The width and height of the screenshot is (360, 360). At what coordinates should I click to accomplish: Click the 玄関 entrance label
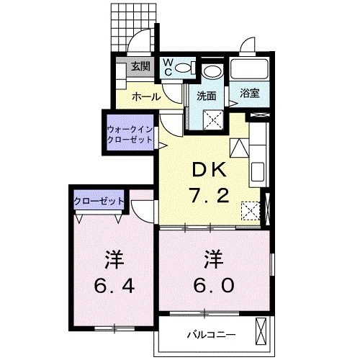[x=140, y=68]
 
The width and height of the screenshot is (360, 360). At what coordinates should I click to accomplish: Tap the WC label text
[x=166, y=67]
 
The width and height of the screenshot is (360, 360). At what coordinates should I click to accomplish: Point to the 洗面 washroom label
[x=207, y=95]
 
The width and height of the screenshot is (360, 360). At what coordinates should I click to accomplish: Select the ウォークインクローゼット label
[x=130, y=134]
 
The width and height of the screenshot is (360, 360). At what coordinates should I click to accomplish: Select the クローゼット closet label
[x=99, y=200]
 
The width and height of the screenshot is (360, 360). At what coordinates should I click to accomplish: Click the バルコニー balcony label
[x=208, y=334]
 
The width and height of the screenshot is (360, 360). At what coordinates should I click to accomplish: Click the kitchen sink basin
[x=258, y=174]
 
